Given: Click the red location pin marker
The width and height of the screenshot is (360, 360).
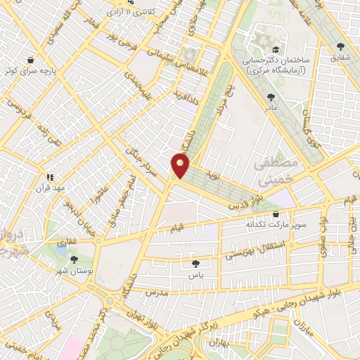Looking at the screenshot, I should coord(181,166).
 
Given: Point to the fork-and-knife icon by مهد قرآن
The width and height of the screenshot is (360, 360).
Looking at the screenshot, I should coord(50,177).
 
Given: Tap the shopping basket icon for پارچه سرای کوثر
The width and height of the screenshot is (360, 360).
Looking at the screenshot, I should coord(30,60).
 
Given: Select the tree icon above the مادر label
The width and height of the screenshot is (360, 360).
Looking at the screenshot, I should coord(271,97).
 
